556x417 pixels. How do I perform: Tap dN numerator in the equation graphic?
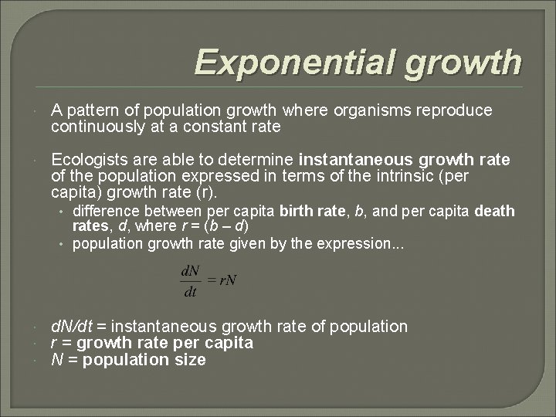click(x=188, y=272)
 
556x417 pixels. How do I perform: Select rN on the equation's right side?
click(x=227, y=280)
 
